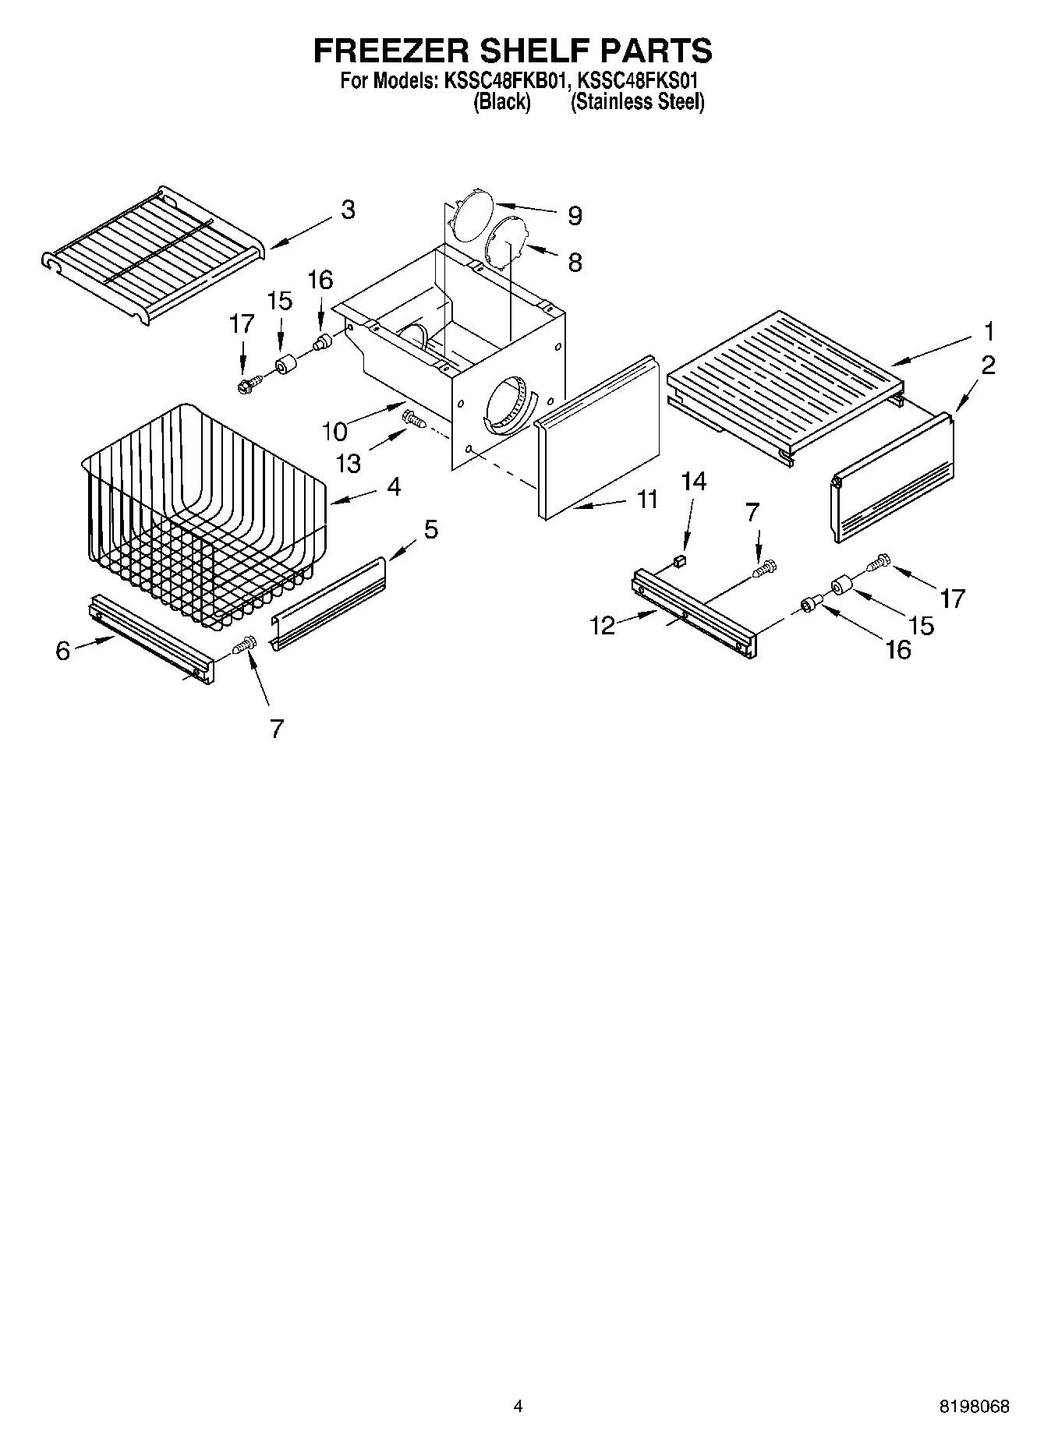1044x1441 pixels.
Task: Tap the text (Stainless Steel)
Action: tap(637, 102)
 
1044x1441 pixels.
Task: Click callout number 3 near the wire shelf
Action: tap(348, 210)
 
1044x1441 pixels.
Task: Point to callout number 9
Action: tap(575, 216)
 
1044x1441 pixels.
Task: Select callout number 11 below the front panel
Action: tap(647, 500)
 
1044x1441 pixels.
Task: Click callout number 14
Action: tap(693, 482)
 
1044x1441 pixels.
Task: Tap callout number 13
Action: tap(348, 463)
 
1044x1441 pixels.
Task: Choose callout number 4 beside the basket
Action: tap(394, 487)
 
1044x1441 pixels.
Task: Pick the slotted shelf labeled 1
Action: tap(784, 382)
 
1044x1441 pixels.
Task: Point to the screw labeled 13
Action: tap(413, 421)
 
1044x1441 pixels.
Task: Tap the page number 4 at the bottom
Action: tap(518, 1407)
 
